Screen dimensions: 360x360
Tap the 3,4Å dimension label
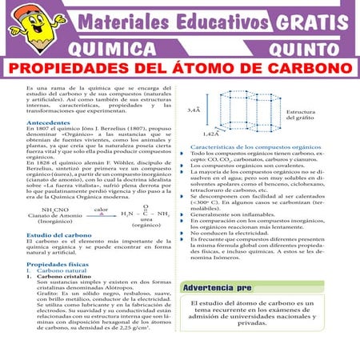click(x=194, y=109)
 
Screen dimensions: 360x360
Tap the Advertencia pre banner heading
click(x=212, y=286)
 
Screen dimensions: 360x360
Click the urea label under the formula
click(x=146, y=221)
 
